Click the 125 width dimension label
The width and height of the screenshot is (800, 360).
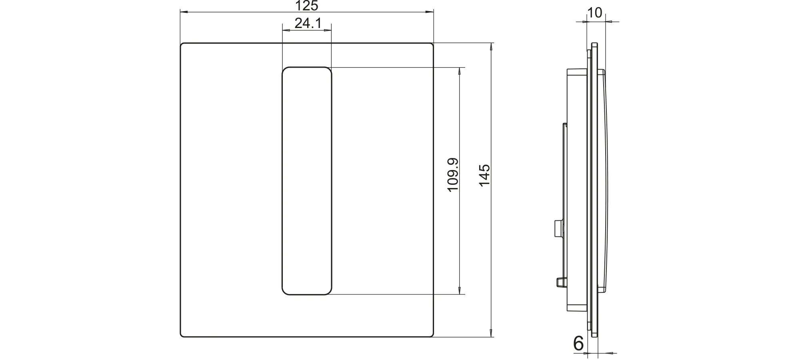coord(307,6)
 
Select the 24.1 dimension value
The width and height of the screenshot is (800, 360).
coord(308,24)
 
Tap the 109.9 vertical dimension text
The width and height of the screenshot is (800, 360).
coord(453,175)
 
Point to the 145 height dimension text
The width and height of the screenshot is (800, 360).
coord(484,175)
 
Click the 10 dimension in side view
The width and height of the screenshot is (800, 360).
coord(595,13)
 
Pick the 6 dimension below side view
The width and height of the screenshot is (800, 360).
coord(578,343)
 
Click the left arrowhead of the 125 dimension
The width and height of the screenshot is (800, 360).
coord(184,12)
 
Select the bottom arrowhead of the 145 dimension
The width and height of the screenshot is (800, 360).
coord(491,333)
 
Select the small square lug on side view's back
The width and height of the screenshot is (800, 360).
coord(558,227)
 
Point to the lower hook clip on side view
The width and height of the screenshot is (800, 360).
coord(560,282)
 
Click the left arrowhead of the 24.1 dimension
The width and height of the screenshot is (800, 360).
coord(286,30)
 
